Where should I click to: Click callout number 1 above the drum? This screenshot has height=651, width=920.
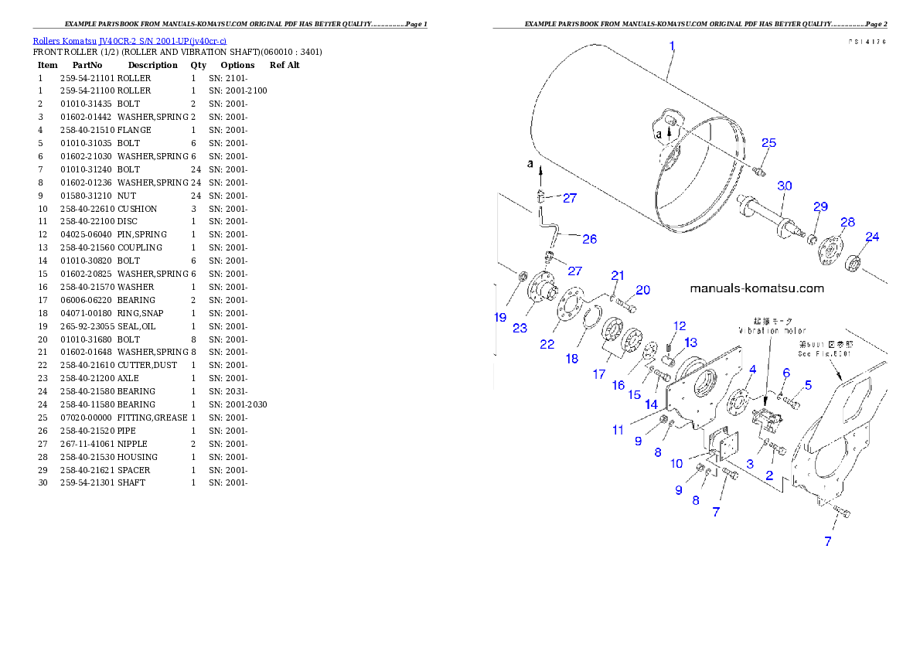[673, 46]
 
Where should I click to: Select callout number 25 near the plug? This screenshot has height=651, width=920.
[768, 143]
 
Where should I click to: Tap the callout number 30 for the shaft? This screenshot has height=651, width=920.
[785, 186]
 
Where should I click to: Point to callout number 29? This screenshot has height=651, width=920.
[820, 206]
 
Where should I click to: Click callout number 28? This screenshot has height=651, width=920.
[847, 223]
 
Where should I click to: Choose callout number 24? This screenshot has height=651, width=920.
[872, 237]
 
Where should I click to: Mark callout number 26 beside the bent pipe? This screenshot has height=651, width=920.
[589, 240]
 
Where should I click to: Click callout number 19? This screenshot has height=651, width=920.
[500, 317]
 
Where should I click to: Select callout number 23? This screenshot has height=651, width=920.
[520, 328]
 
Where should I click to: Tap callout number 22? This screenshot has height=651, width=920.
[547, 344]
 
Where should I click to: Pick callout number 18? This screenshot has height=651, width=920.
[572, 359]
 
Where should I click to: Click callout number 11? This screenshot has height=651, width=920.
[618, 430]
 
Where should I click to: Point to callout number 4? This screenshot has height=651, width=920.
[752, 370]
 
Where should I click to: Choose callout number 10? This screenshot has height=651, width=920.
[676, 464]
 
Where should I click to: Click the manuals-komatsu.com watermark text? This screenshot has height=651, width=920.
[756, 288]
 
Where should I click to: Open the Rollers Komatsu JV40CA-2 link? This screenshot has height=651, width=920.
[129, 41]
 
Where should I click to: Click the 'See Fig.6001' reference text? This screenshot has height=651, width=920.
[824, 354]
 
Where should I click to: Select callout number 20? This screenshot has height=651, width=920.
[642, 291]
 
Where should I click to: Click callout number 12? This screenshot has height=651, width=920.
[680, 325]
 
